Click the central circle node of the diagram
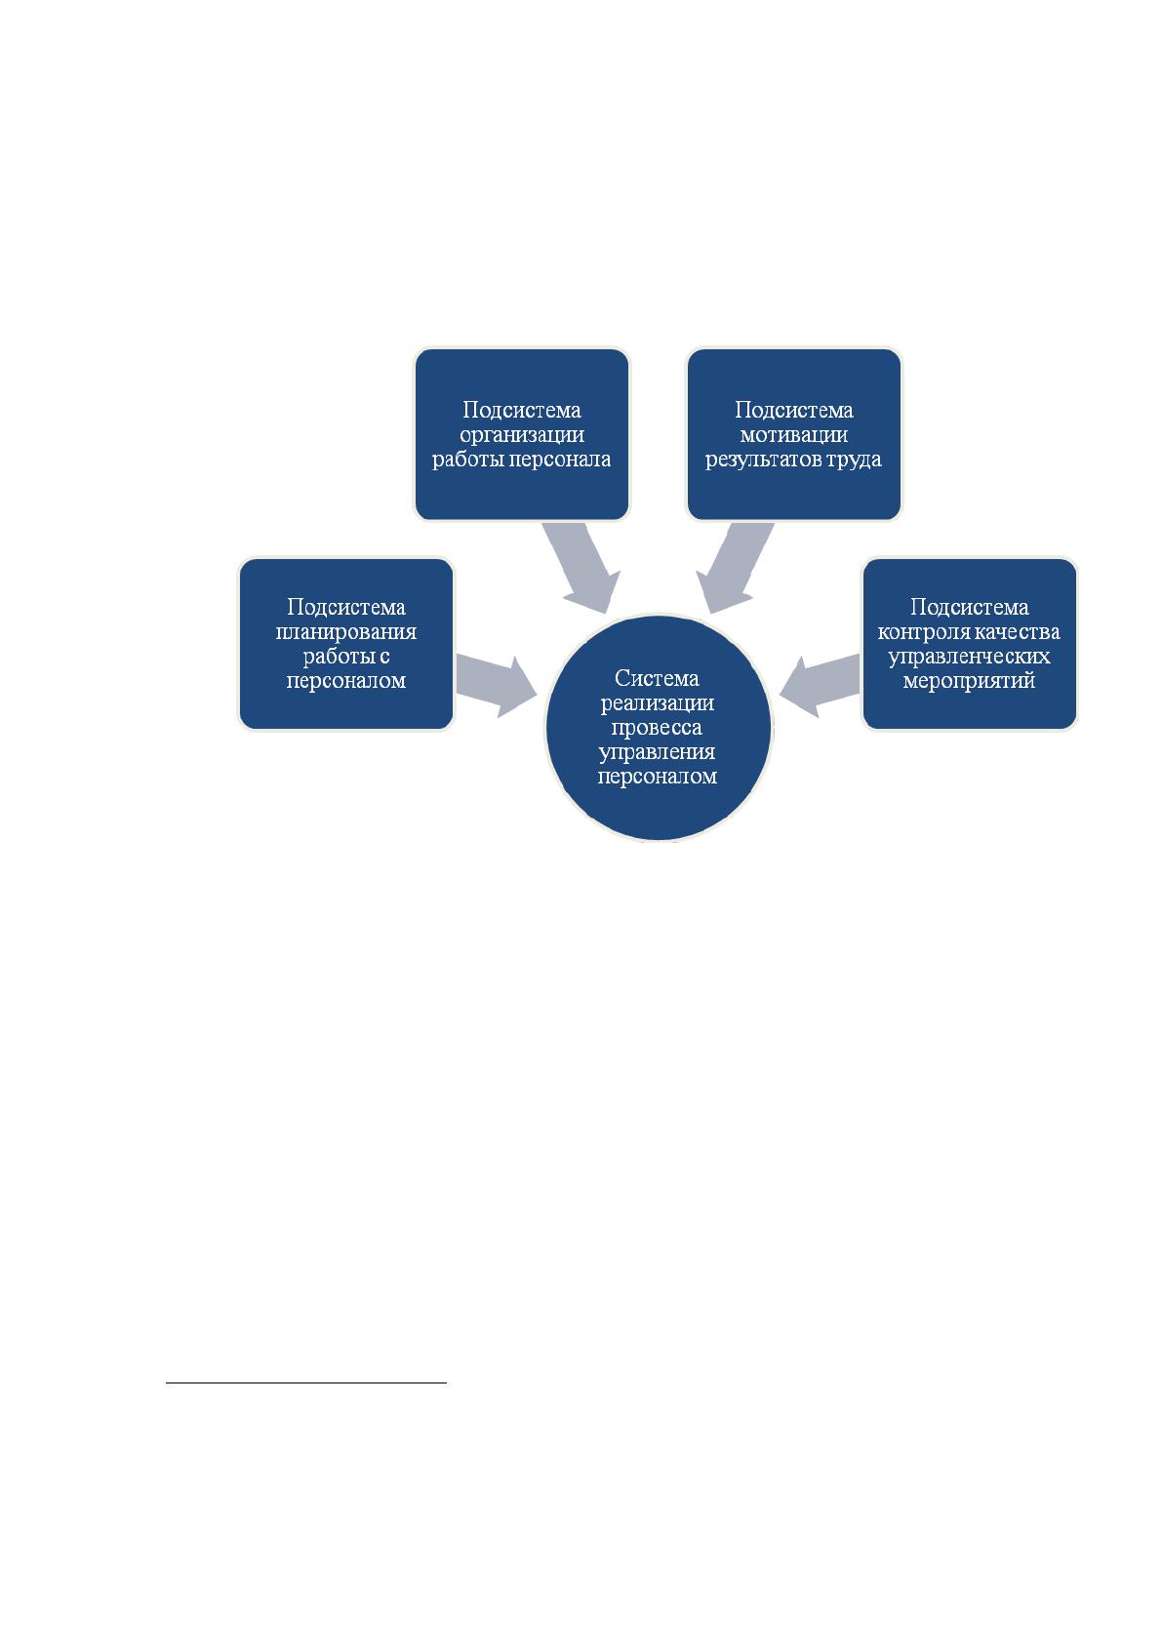pyautogui.click(x=658, y=727)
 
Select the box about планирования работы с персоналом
pyautogui.click(x=345, y=643)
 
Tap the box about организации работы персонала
pyautogui.click(x=522, y=434)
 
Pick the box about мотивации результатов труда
pyautogui.click(x=794, y=434)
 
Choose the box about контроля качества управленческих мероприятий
pyautogui.click(x=969, y=643)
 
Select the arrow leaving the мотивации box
pyautogui.click(x=735, y=567)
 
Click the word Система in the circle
pyautogui.click(x=657, y=678)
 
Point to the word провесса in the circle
pyautogui.click(x=657, y=728)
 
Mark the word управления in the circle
pyautogui.click(x=657, y=752)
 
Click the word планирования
pyautogui.click(x=345, y=632)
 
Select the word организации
pyautogui.click(x=522, y=435)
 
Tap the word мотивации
pyautogui.click(x=794, y=435)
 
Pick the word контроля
pyautogui.click(x=918, y=631)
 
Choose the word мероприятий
pyautogui.click(x=969, y=681)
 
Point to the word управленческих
pyautogui.click(x=969, y=657)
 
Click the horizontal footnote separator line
pyautogui.click(x=306, y=1383)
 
